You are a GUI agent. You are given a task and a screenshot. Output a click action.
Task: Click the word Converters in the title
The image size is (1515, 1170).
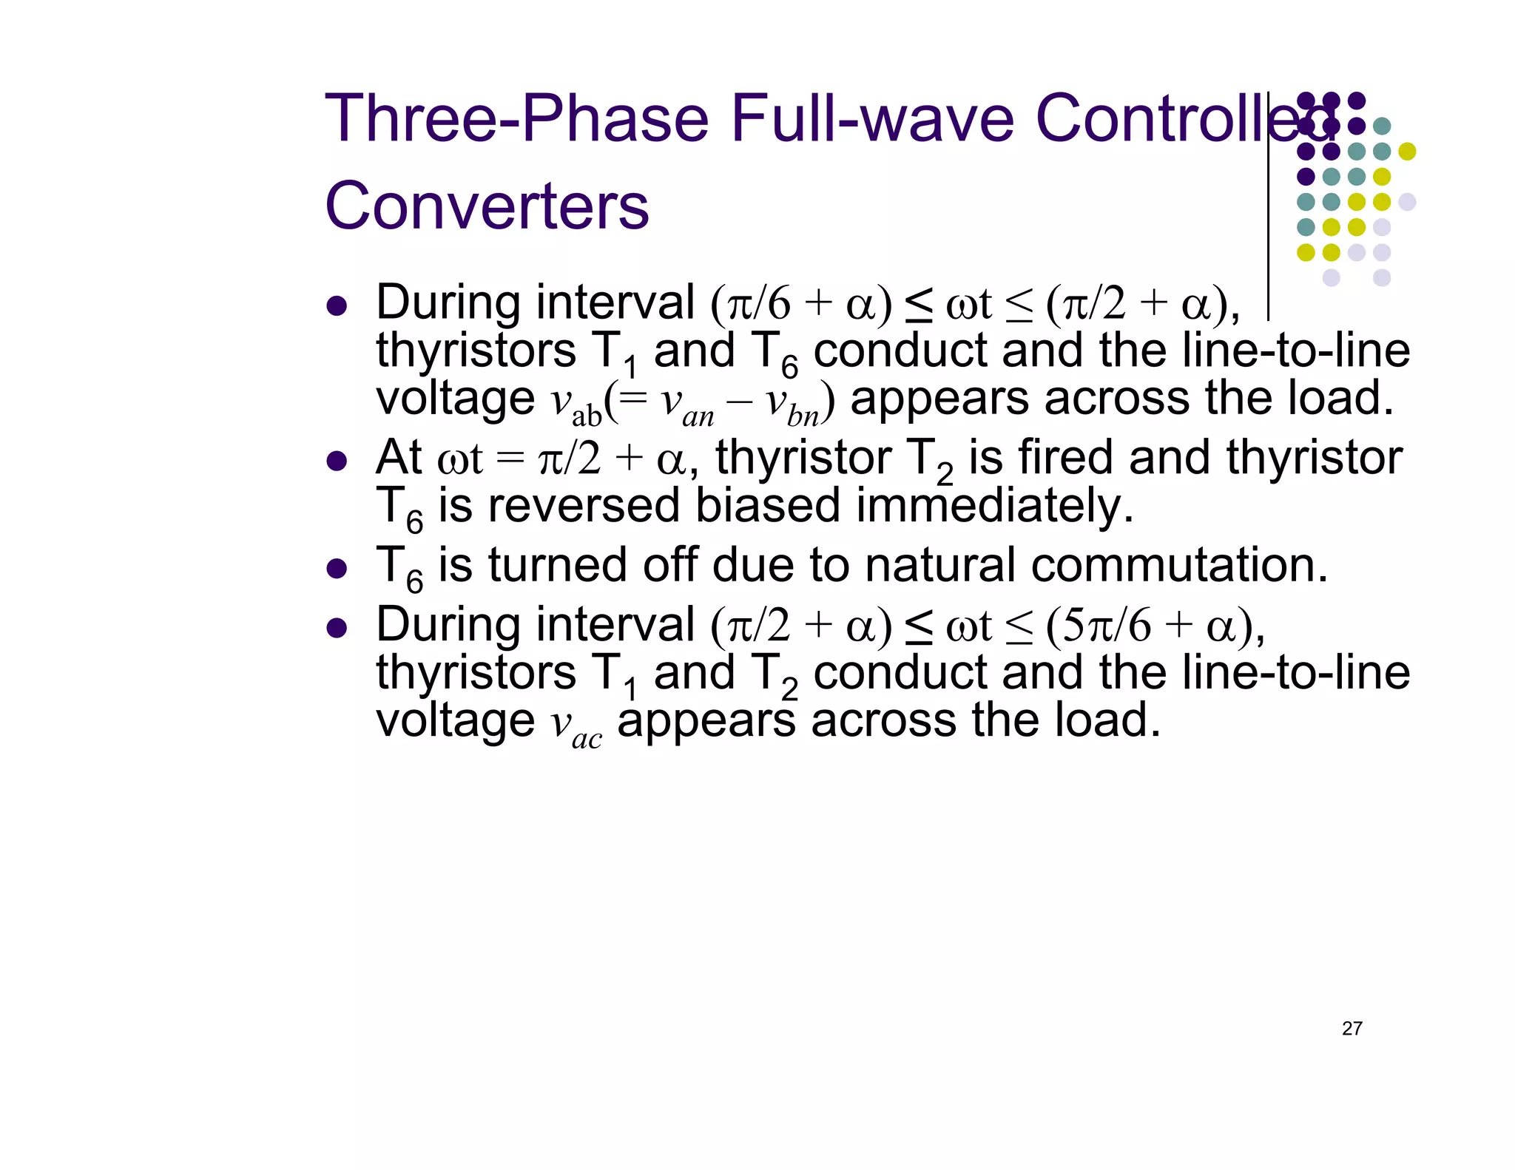click(x=487, y=206)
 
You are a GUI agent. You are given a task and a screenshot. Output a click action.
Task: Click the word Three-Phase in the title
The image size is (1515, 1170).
click(x=516, y=118)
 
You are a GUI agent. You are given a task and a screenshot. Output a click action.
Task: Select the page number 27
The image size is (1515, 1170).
click(x=1352, y=1029)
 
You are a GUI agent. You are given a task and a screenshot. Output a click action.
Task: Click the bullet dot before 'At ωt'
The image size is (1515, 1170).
click(x=337, y=462)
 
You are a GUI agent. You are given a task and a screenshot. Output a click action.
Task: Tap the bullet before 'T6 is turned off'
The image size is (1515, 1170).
click(x=337, y=569)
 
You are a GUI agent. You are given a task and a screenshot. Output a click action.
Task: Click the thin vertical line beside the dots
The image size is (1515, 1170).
click(x=1268, y=207)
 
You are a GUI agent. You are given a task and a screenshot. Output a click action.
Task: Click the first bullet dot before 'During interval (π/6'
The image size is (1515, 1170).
click(x=337, y=306)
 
